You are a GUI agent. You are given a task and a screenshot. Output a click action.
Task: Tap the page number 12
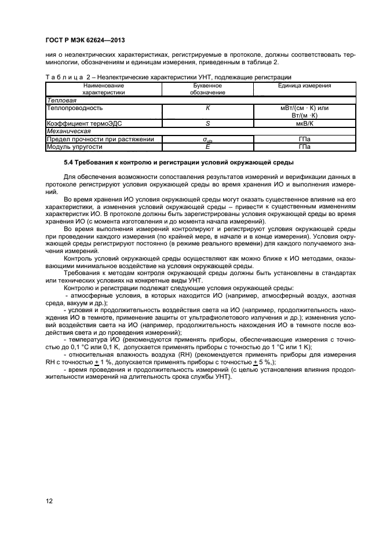49,500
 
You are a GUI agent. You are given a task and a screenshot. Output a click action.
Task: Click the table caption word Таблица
61,77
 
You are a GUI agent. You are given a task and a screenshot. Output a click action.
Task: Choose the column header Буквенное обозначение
207,89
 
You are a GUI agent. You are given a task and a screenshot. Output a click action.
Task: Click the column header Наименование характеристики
104,89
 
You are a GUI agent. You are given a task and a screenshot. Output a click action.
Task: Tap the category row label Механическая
65,131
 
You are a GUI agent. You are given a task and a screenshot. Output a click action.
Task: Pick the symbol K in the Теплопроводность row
207,108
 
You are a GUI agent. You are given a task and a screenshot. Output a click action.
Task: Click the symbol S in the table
207,124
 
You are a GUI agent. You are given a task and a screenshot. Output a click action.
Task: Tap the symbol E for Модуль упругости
207,147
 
